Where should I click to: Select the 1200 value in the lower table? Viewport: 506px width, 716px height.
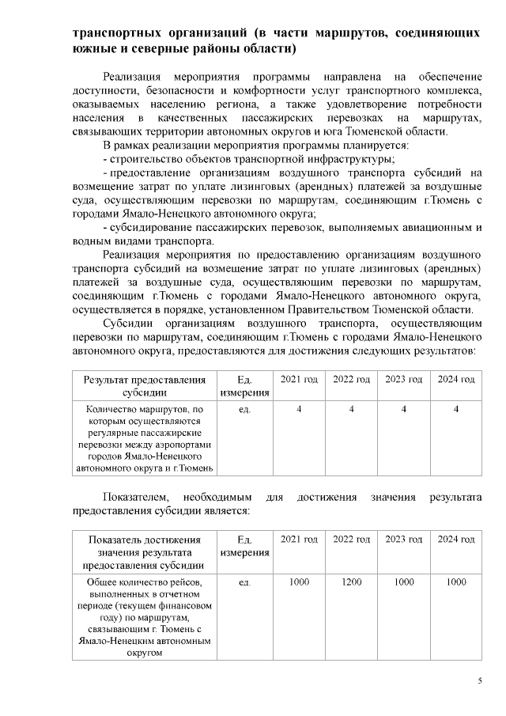351,582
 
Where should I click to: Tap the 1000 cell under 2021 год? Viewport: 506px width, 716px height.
299,582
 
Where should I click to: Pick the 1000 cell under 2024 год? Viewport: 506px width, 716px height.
456,582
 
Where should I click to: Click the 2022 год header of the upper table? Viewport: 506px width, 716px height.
351,380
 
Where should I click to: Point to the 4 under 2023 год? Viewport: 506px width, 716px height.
404,408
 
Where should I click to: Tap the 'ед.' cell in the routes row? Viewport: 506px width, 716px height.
244,409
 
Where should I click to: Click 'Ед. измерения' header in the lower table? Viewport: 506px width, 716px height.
244,545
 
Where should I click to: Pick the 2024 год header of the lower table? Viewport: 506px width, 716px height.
456,539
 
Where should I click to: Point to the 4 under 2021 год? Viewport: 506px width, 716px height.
299,408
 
